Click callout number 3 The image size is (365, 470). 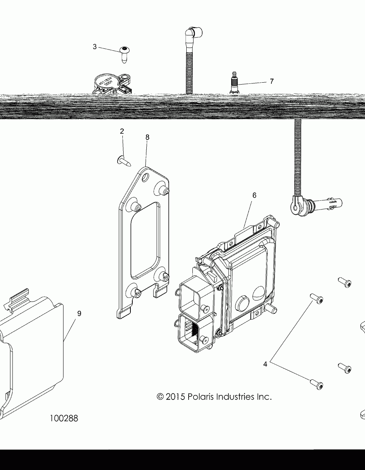click(x=95, y=47)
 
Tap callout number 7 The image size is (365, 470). click(x=271, y=81)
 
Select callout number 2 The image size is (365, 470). click(x=122, y=131)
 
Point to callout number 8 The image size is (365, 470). click(x=147, y=137)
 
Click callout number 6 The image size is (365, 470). click(x=254, y=195)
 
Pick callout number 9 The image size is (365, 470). click(x=79, y=313)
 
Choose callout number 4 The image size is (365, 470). click(x=265, y=364)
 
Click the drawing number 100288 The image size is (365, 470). click(x=64, y=418)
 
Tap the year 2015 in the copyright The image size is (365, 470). click(x=176, y=397)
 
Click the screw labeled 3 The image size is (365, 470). click(x=124, y=53)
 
